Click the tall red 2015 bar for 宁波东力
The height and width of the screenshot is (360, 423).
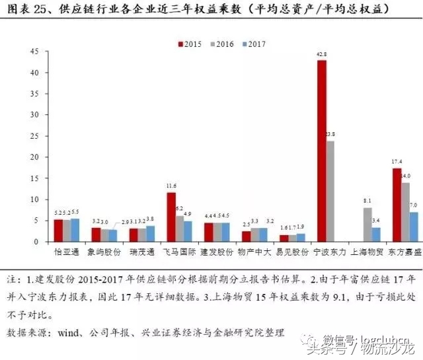pos(321,151)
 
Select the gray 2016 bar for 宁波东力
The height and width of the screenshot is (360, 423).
pos(330,192)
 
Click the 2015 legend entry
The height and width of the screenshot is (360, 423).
pos(190,44)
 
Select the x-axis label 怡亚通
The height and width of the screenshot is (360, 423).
pos(65,252)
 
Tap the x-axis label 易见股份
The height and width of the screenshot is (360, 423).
pos(292,252)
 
